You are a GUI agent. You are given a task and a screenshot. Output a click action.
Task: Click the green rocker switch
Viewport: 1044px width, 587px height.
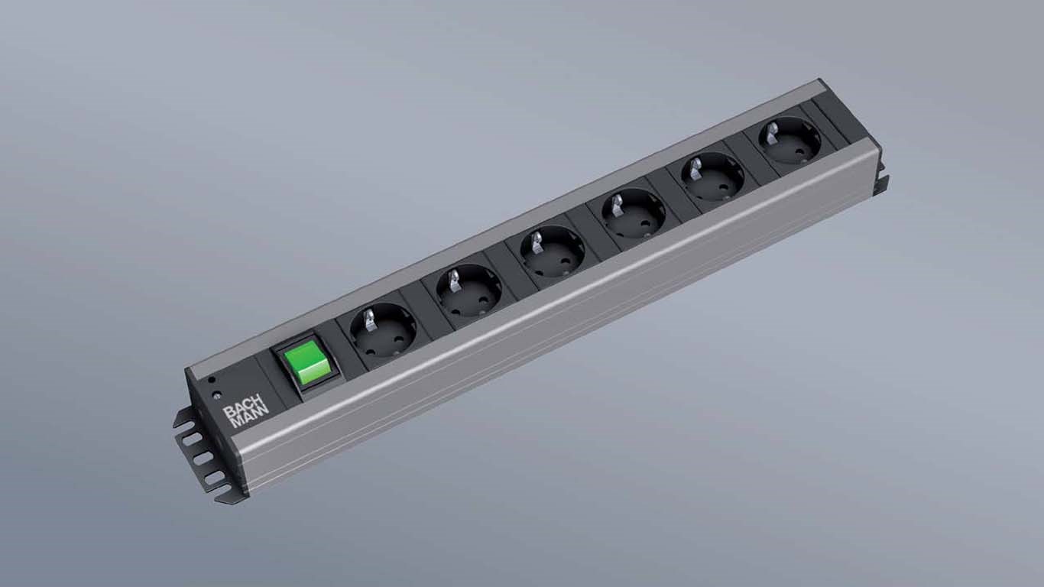click(307, 362)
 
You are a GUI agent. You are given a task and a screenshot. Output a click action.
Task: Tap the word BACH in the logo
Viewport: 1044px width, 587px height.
click(236, 412)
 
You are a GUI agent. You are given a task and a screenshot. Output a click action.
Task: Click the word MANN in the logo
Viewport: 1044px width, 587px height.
click(246, 421)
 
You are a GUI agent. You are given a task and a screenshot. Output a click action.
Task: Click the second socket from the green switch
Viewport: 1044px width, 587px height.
click(469, 291)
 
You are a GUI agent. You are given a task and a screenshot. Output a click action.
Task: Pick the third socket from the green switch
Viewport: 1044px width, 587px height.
click(552, 251)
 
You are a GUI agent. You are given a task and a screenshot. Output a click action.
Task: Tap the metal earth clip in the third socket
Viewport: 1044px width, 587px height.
click(537, 239)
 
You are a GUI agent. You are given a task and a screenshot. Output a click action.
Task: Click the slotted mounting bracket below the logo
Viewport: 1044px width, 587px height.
click(196, 459)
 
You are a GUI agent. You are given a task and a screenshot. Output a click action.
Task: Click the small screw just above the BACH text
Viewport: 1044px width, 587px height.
click(217, 395)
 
